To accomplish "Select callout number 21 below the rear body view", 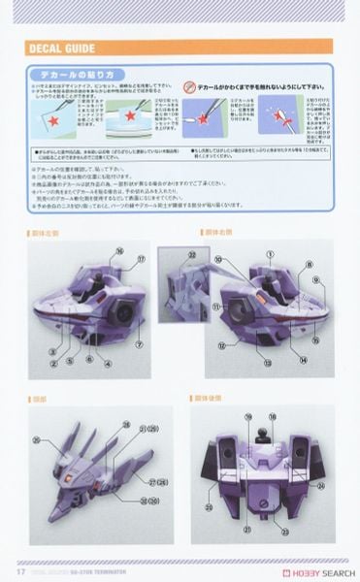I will (x=248, y=530).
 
